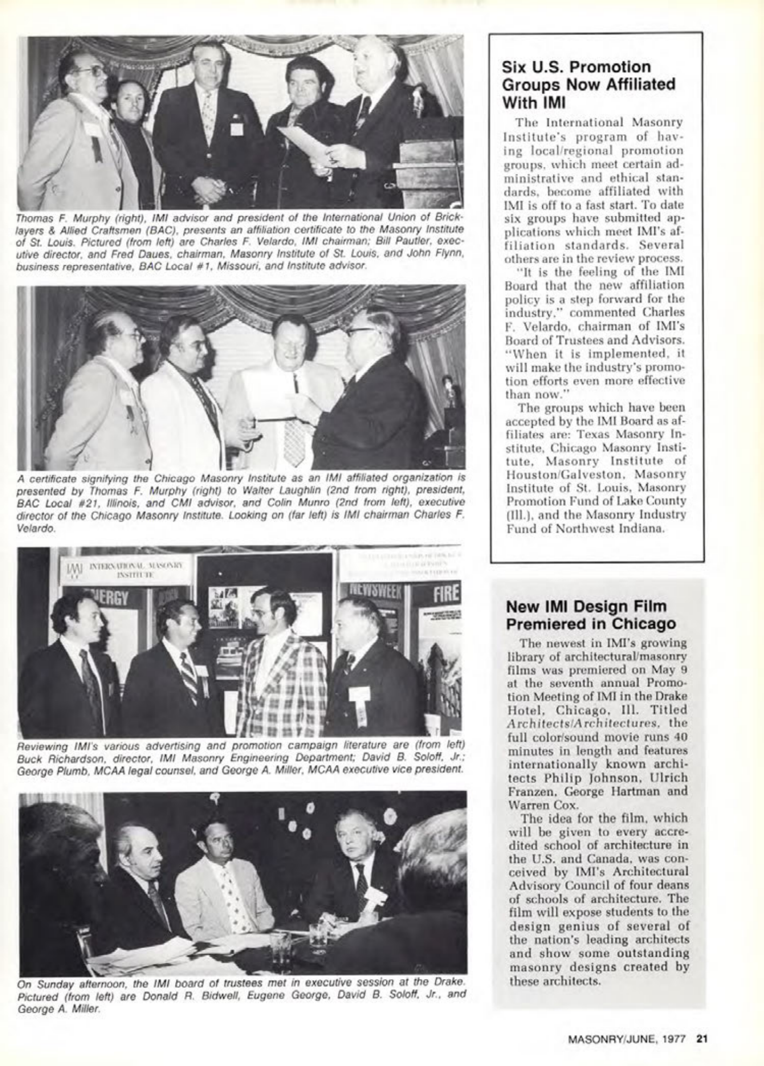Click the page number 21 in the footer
702,1039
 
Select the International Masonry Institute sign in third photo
126,570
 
